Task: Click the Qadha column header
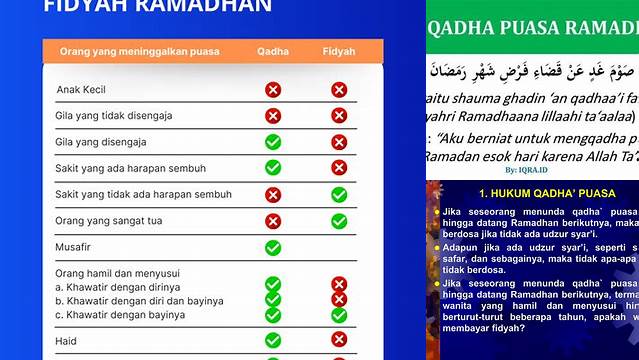coord(273,51)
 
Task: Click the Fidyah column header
coord(339,51)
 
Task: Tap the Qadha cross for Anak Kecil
coord(273,90)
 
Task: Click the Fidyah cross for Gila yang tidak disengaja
coord(339,116)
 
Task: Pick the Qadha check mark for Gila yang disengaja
coord(273,142)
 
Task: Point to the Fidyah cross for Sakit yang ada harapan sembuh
coord(339,168)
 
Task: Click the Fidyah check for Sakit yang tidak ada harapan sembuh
coord(339,194)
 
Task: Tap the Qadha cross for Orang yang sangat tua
coord(273,221)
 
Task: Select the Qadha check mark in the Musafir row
coord(273,247)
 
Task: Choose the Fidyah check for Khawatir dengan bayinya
coord(339,315)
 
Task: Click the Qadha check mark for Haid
coord(273,340)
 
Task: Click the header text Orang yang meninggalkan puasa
coord(139,51)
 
